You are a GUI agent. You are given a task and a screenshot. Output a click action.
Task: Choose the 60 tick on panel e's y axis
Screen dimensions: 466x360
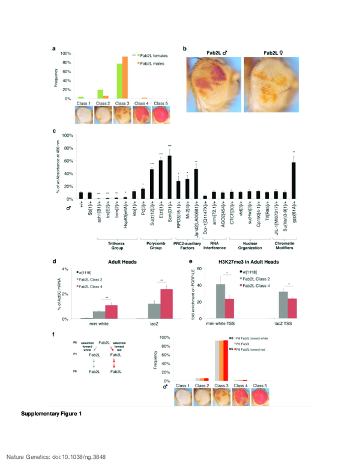click(x=203, y=267)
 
